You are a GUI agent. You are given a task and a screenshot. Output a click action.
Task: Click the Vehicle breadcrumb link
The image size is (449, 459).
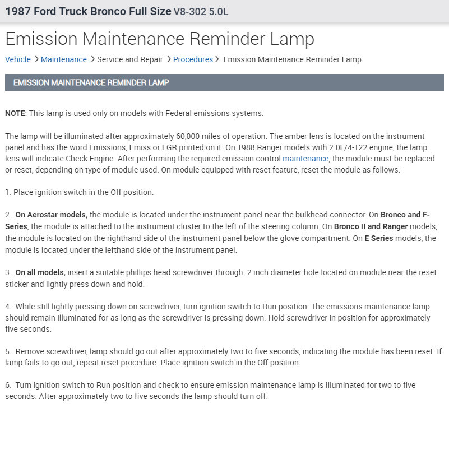click(x=18, y=59)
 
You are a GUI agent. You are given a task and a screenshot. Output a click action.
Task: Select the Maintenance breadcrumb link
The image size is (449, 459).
click(x=64, y=59)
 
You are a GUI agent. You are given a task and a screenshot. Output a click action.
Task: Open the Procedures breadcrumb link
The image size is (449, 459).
click(x=193, y=59)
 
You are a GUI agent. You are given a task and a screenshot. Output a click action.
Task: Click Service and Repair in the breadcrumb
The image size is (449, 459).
click(x=130, y=59)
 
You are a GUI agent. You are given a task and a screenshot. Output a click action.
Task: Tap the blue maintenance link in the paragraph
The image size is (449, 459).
click(x=305, y=159)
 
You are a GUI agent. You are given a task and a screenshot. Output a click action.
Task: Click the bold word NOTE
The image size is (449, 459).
click(x=15, y=113)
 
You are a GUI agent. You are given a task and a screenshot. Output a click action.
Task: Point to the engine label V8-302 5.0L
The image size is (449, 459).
click(x=201, y=12)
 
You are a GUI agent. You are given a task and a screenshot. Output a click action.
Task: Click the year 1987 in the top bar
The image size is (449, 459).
click(x=17, y=11)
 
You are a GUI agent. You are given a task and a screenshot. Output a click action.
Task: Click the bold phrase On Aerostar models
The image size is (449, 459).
click(x=51, y=215)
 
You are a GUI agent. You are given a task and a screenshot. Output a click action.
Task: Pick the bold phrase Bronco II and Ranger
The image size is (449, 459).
click(x=371, y=226)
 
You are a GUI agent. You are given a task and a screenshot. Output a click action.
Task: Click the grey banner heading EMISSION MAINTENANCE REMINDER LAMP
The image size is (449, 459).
click(x=91, y=82)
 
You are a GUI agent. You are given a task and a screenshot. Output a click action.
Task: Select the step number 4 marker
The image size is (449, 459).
click(x=8, y=307)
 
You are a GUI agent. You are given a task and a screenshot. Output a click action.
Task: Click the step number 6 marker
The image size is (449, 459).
click(x=8, y=385)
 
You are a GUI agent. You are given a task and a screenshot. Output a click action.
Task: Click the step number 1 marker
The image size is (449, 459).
click(x=8, y=192)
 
